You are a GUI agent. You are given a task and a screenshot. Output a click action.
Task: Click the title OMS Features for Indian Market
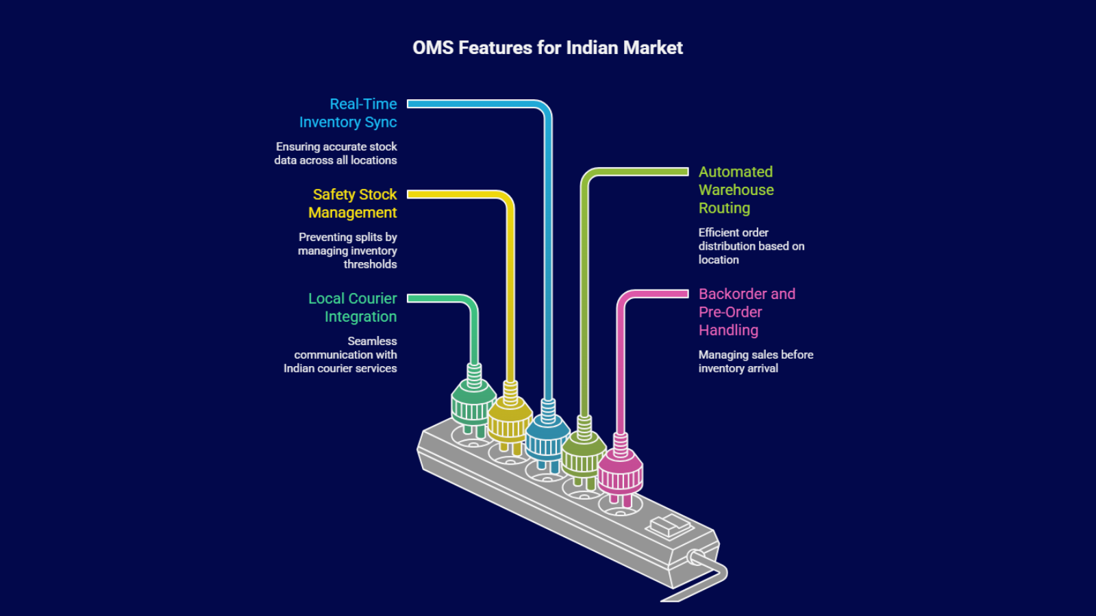pyautogui.click(x=547, y=48)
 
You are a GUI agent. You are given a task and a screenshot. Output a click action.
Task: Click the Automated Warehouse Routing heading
pyautogui.click(x=736, y=190)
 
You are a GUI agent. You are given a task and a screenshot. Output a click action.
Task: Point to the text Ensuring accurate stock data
pyautogui.click(x=336, y=153)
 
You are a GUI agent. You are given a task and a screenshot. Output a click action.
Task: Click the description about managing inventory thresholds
pyautogui.click(x=348, y=251)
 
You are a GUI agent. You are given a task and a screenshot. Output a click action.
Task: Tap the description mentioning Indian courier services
pyautogui.click(x=341, y=355)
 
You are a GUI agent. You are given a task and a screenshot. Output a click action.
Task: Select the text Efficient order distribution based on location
pyautogui.click(x=751, y=246)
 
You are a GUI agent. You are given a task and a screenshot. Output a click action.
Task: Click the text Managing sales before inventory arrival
pyautogui.click(x=755, y=361)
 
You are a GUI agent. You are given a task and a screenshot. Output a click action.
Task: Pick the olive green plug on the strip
pyautogui.click(x=584, y=454)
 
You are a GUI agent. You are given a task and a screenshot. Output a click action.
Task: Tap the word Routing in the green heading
pyautogui.click(x=724, y=208)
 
